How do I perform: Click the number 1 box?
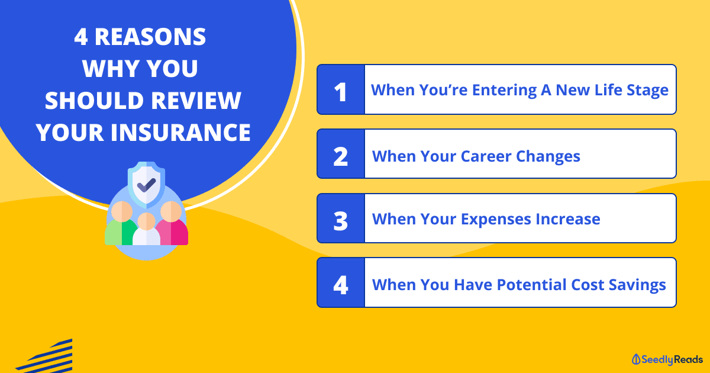point(341,89)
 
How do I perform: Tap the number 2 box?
point(341,154)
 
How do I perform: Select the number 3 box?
point(341,218)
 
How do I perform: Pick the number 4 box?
point(341,282)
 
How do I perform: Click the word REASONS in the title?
point(150,37)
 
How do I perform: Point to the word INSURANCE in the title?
point(180,132)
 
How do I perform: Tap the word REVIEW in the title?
point(196,101)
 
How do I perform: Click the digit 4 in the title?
point(81,37)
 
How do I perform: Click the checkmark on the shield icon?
point(147,185)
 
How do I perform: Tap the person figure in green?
point(122,223)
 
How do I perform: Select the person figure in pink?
point(172,223)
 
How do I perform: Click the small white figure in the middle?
point(147,229)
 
